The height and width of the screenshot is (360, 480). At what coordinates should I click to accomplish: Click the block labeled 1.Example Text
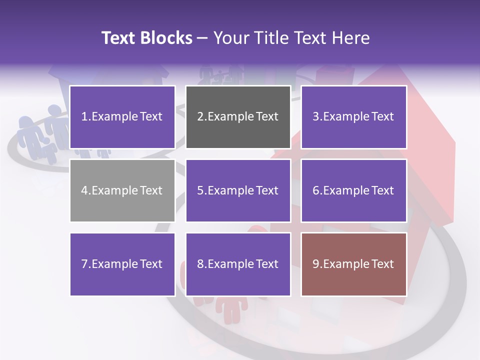pyautogui.click(x=122, y=117)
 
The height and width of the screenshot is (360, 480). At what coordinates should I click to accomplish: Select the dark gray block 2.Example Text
pyautogui.click(x=238, y=117)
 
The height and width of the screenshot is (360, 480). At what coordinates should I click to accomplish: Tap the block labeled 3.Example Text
pyautogui.click(x=353, y=117)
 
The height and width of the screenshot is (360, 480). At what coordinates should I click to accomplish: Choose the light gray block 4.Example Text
pyautogui.click(x=122, y=190)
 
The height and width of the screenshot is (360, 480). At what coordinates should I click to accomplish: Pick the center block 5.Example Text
pyautogui.click(x=238, y=190)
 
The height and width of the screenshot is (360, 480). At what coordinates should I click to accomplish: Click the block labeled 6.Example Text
pyautogui.click(x=353, y=190)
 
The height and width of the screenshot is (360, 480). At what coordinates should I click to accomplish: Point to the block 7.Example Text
pyautogui.click(x=122, y=264)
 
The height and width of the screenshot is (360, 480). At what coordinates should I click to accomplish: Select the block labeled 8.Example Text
pyautogui.click(x=238, y=264)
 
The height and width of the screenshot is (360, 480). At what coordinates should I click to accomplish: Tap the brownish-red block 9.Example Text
pyautogui.click(x=353, y=264)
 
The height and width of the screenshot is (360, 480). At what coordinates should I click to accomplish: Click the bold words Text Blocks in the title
pyautogui.click(x=146, y=38)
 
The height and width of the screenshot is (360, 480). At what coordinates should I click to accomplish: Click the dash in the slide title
pyautogui.click(x=202, y=38)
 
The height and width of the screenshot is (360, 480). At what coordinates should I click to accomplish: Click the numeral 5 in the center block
pyautogui.click(x=200, y=190)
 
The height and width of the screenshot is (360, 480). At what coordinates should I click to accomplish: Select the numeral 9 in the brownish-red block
pyautogui.click(x=316, y=264)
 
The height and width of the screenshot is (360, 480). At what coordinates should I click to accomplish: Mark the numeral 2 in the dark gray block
pyautogui.click(x=200, y=117)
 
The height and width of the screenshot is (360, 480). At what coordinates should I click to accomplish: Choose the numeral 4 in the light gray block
pyautogui.click(x=84, y=190)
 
